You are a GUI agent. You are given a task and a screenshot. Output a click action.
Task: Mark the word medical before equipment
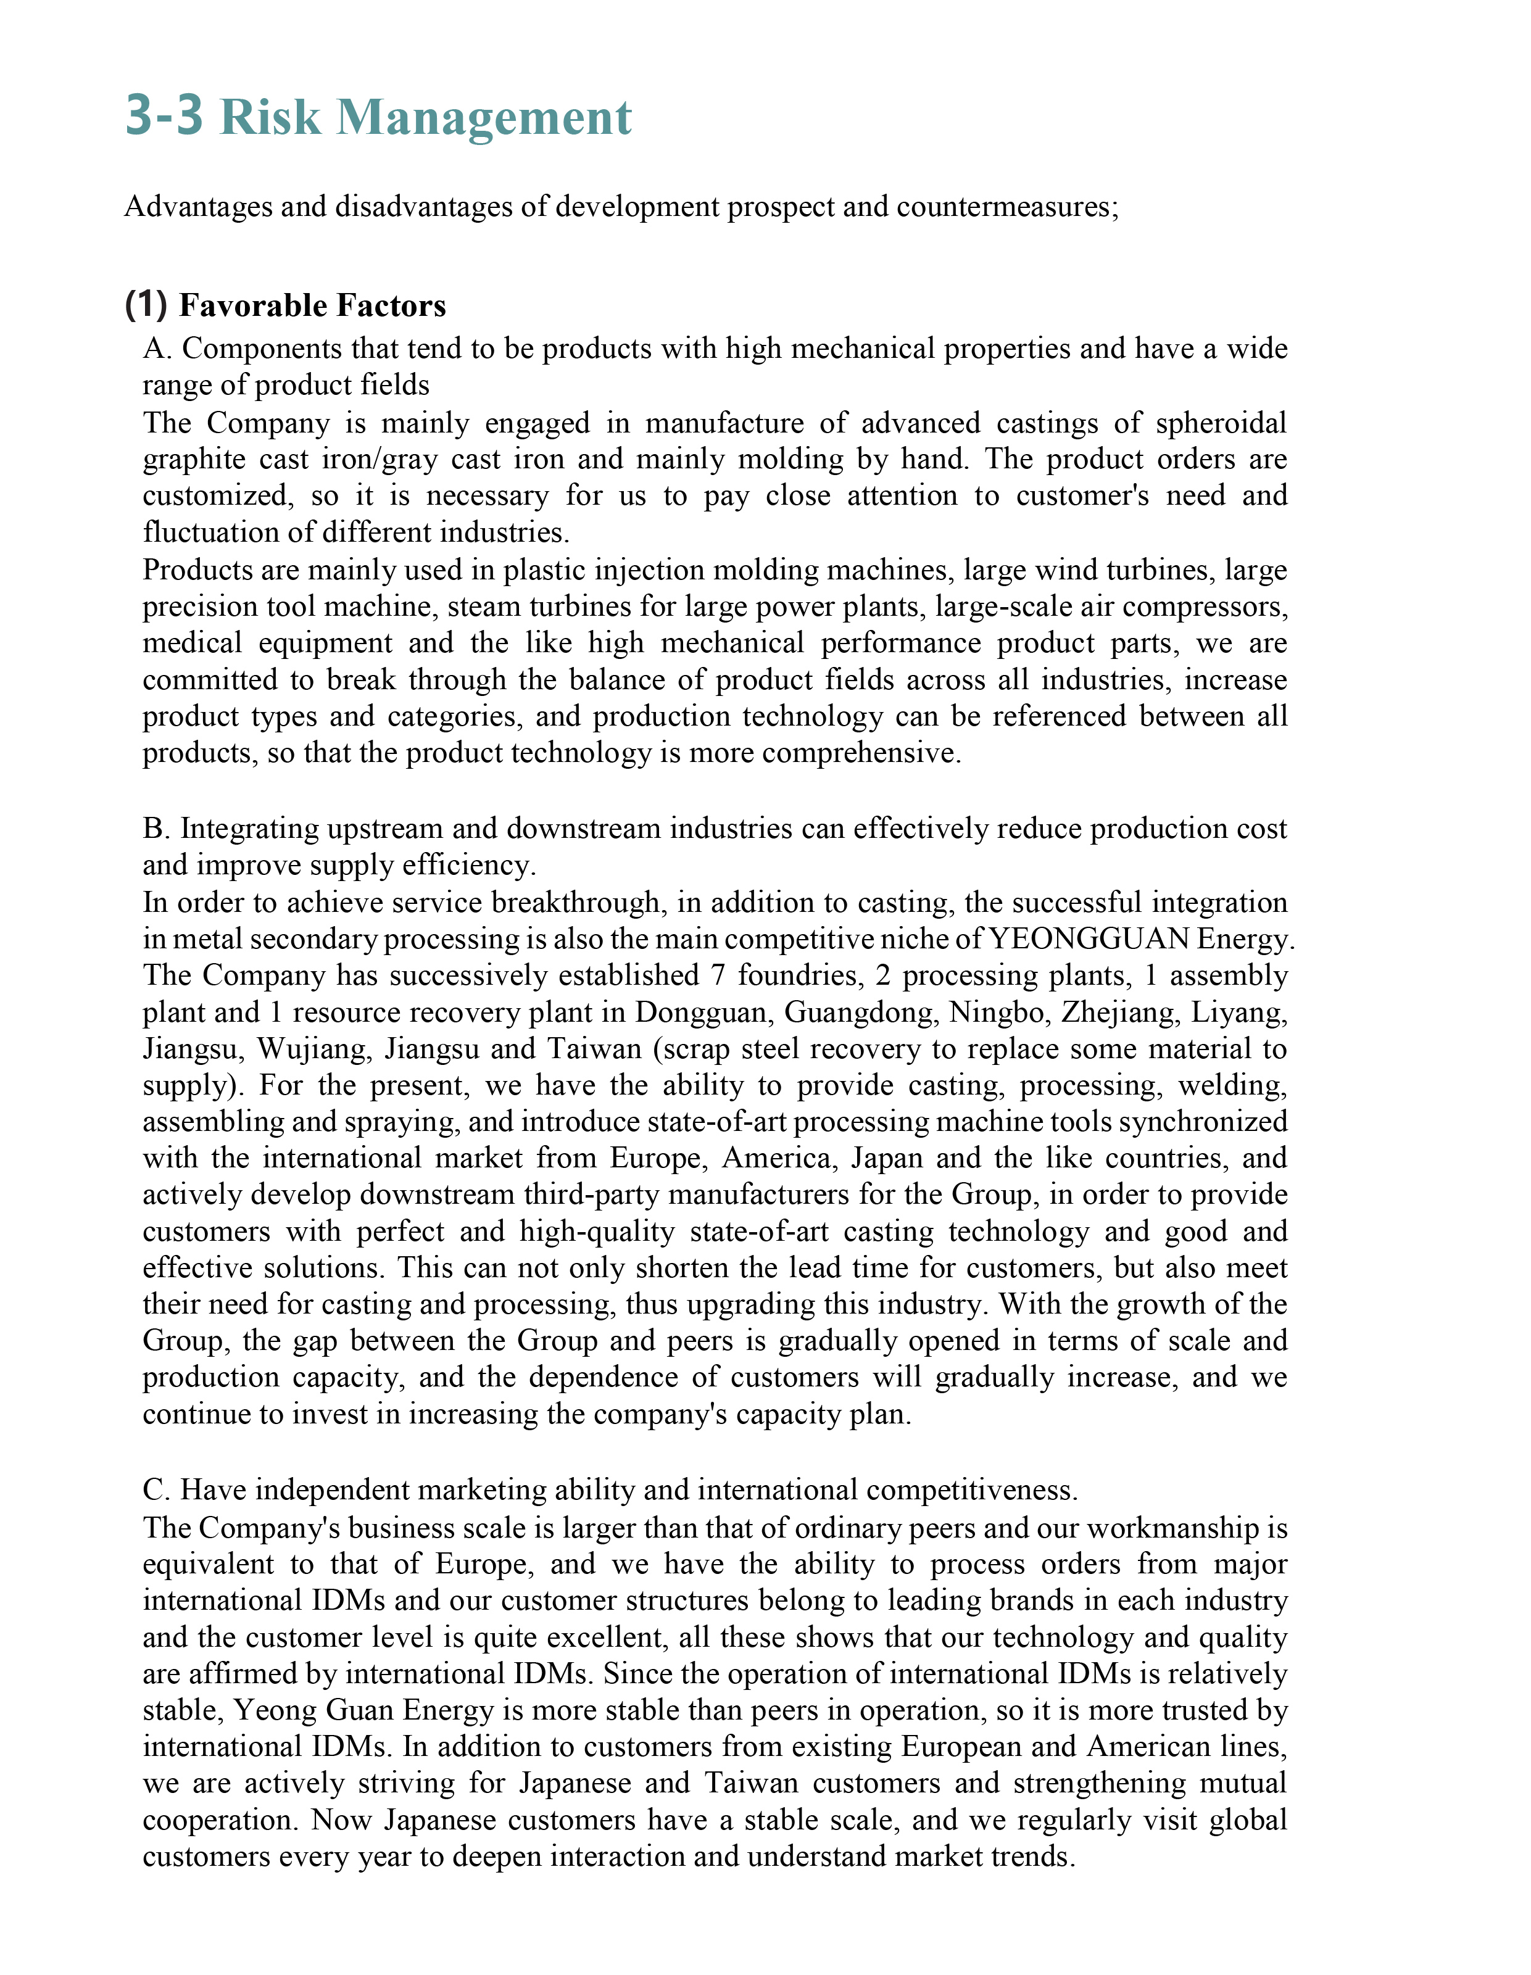(x=192, y=643)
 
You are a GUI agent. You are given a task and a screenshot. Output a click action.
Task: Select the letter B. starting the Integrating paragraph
(x=157, y=829)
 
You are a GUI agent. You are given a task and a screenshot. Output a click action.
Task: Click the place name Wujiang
(x=312, y=1048)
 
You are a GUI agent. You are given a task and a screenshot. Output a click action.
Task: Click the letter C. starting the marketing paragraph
(x=157, y=1489)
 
